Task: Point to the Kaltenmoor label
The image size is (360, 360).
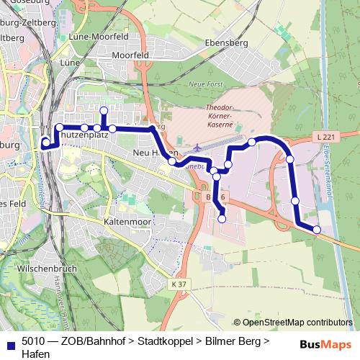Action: click(x=127, y=222)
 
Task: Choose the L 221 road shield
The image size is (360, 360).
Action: click(x=323, y=136)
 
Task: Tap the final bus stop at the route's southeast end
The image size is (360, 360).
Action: click(x=317, y=229)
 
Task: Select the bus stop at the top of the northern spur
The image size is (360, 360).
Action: click(x=104, y=110)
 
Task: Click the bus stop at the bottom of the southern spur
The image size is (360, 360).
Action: click(x=222, y=218)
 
